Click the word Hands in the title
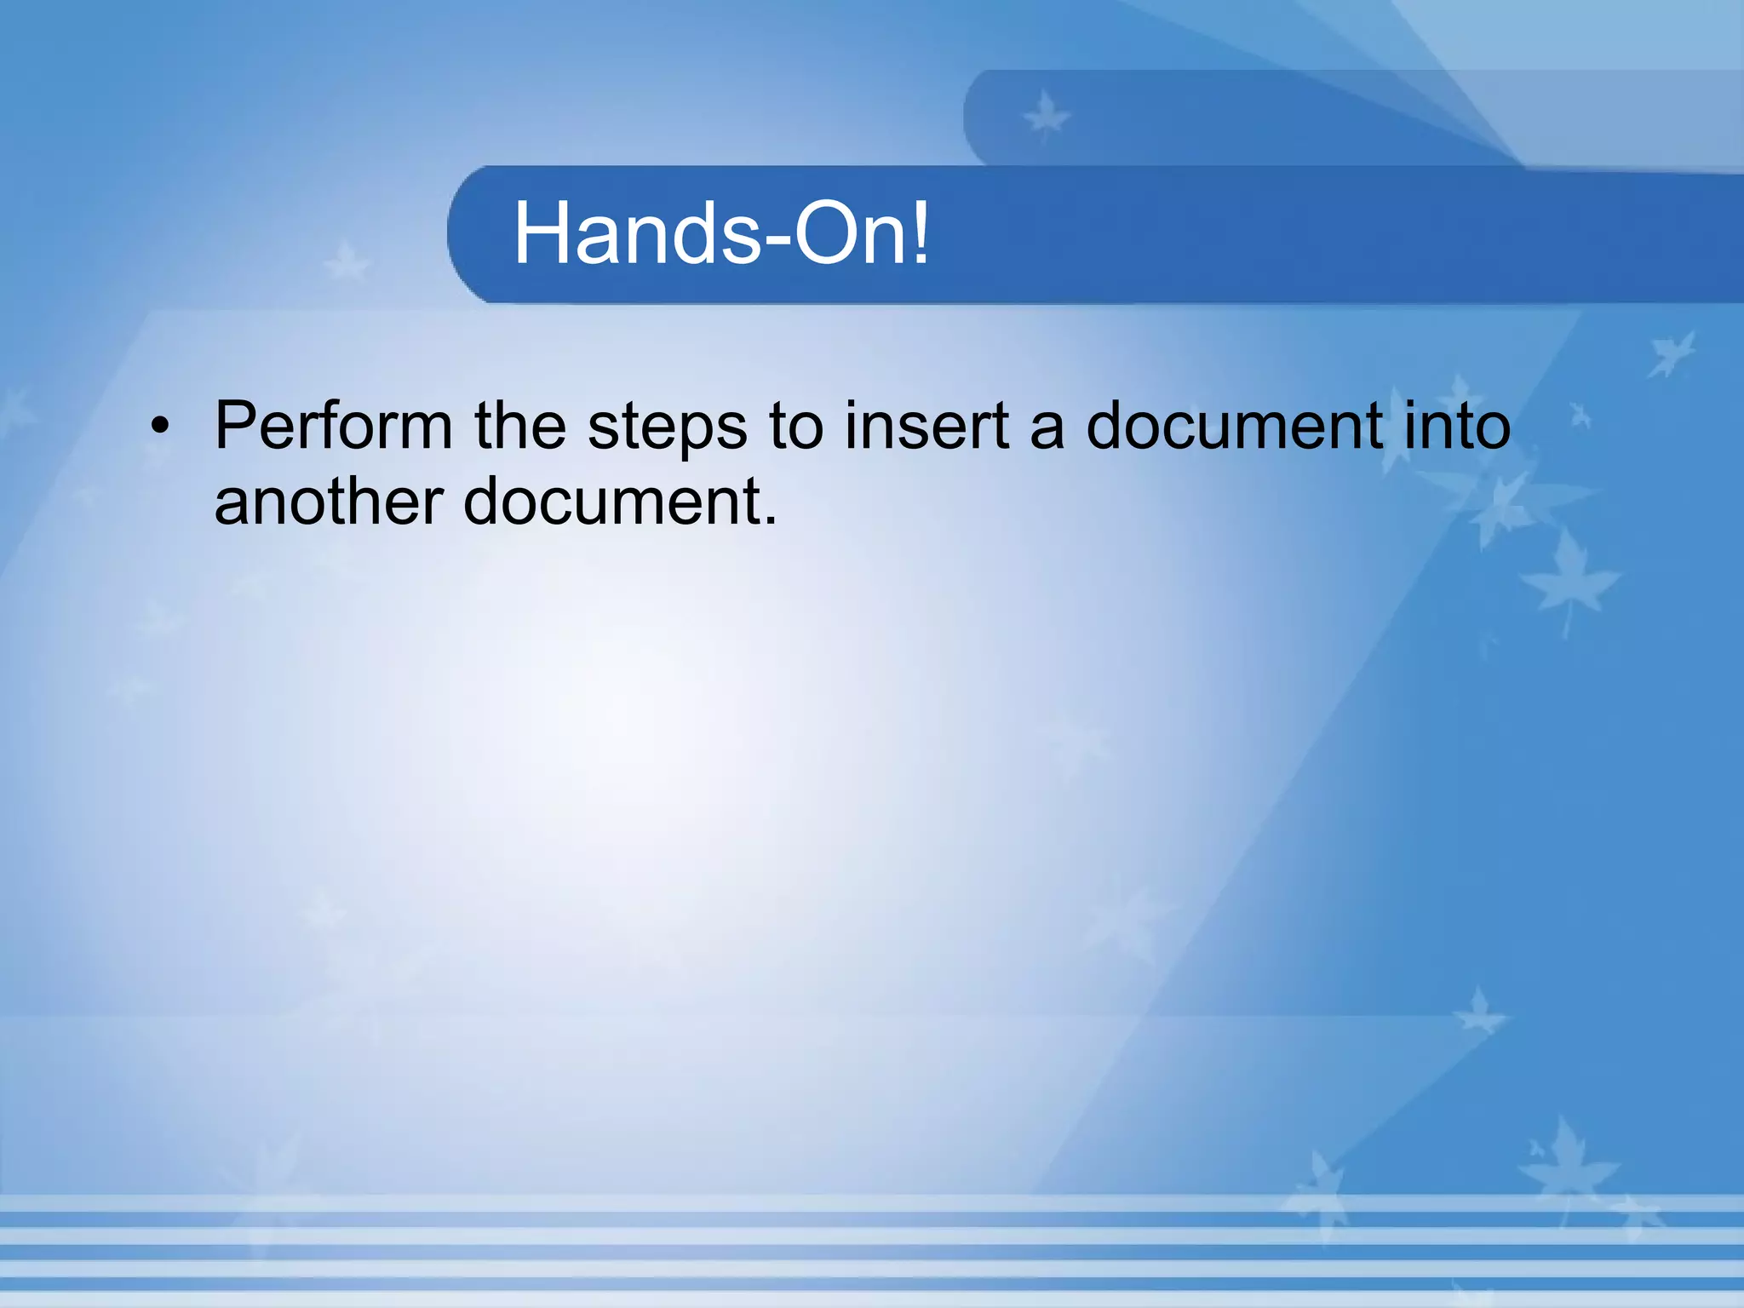[x=637, y=233]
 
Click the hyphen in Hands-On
[x=777, y=240]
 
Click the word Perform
[x=333, y=426]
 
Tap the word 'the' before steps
[x=520, y=426]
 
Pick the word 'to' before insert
[x=795, y=426]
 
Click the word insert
[x=926, y=426]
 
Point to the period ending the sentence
[x=770, y=519]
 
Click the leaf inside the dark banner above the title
[x=1046, y=116]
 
